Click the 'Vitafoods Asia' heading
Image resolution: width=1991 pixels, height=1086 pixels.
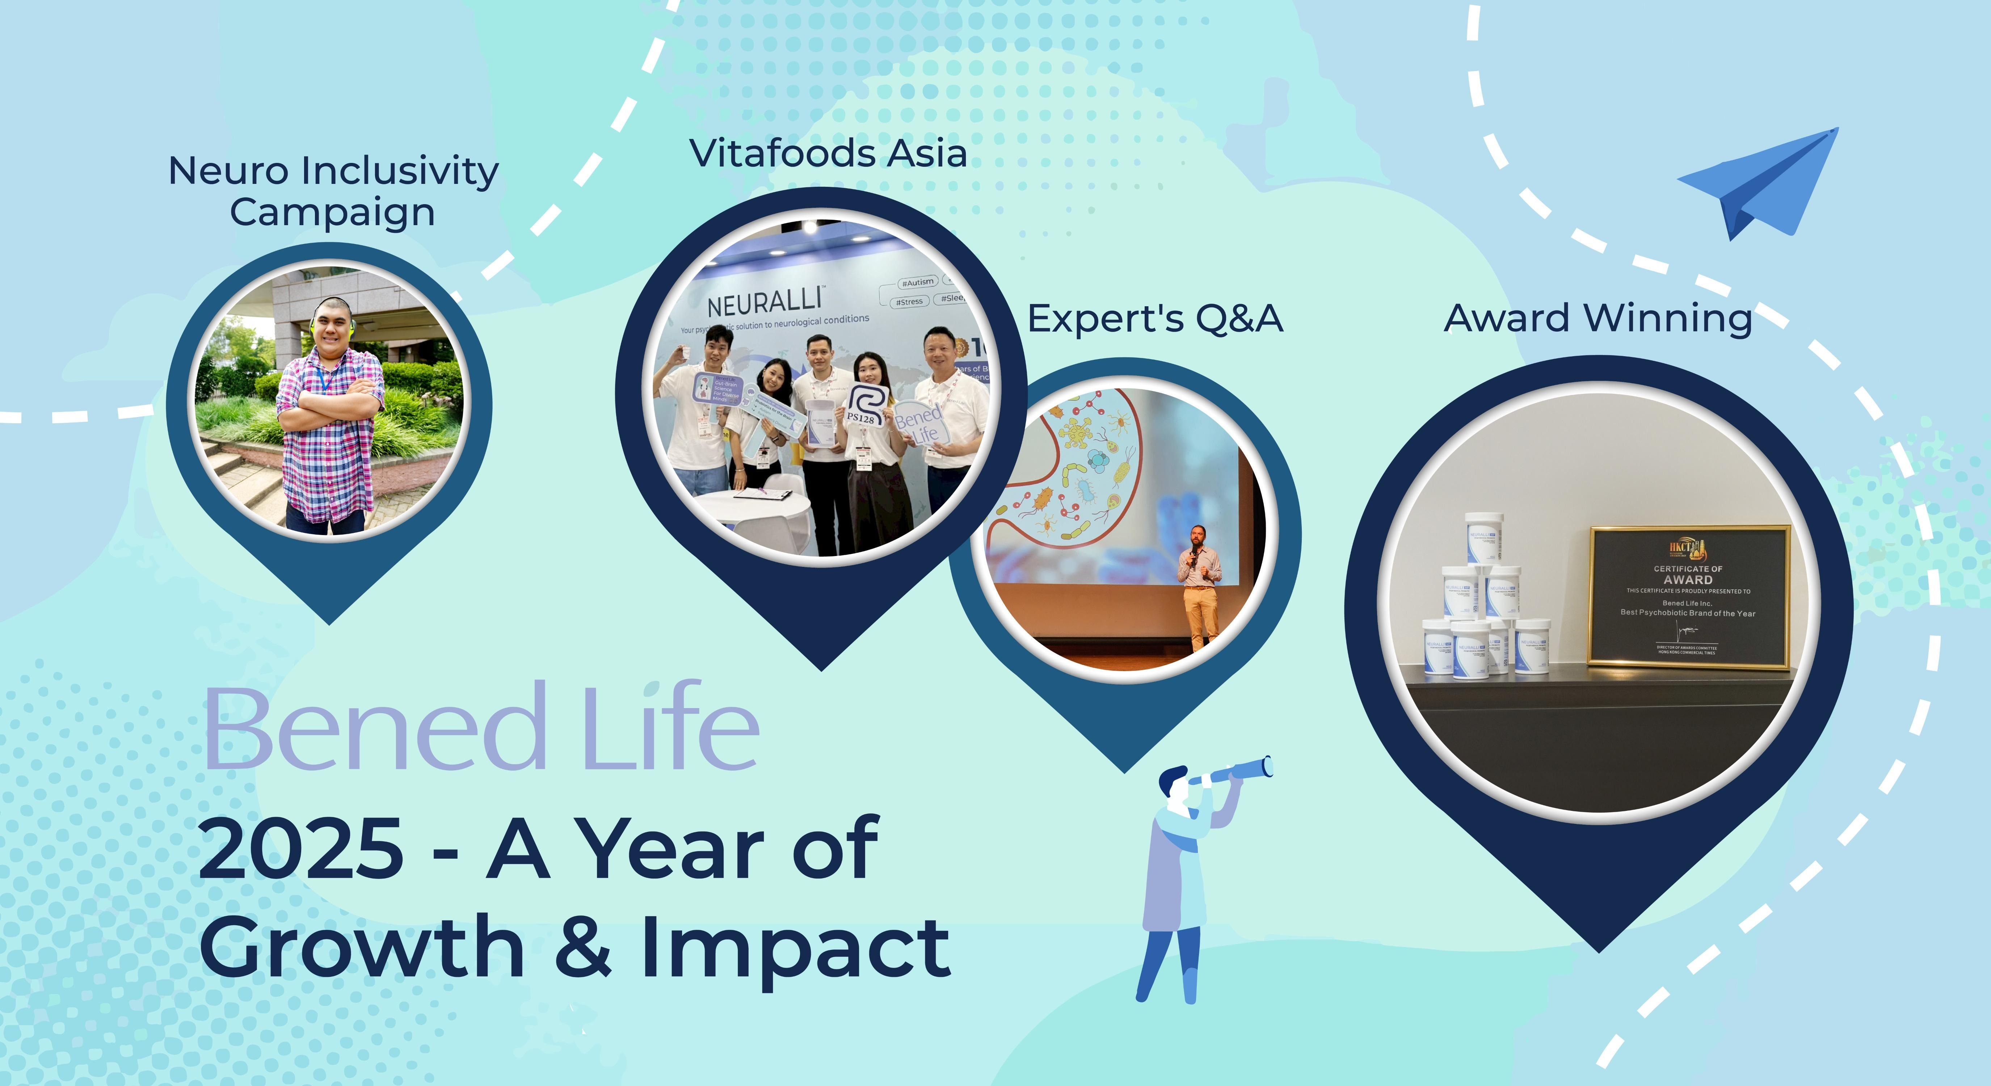click(828, 153)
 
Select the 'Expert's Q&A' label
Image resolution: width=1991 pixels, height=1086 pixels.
click(1155, 319)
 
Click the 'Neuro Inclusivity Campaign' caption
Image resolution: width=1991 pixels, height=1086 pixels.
click(333, 191)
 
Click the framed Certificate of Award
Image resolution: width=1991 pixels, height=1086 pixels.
click(1689, 597)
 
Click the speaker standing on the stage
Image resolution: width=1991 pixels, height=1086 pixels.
click(1199, 588)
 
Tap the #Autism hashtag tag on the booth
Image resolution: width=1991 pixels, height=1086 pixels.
click(917, 282)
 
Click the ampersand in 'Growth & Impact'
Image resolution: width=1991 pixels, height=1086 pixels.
click(584, 947)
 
